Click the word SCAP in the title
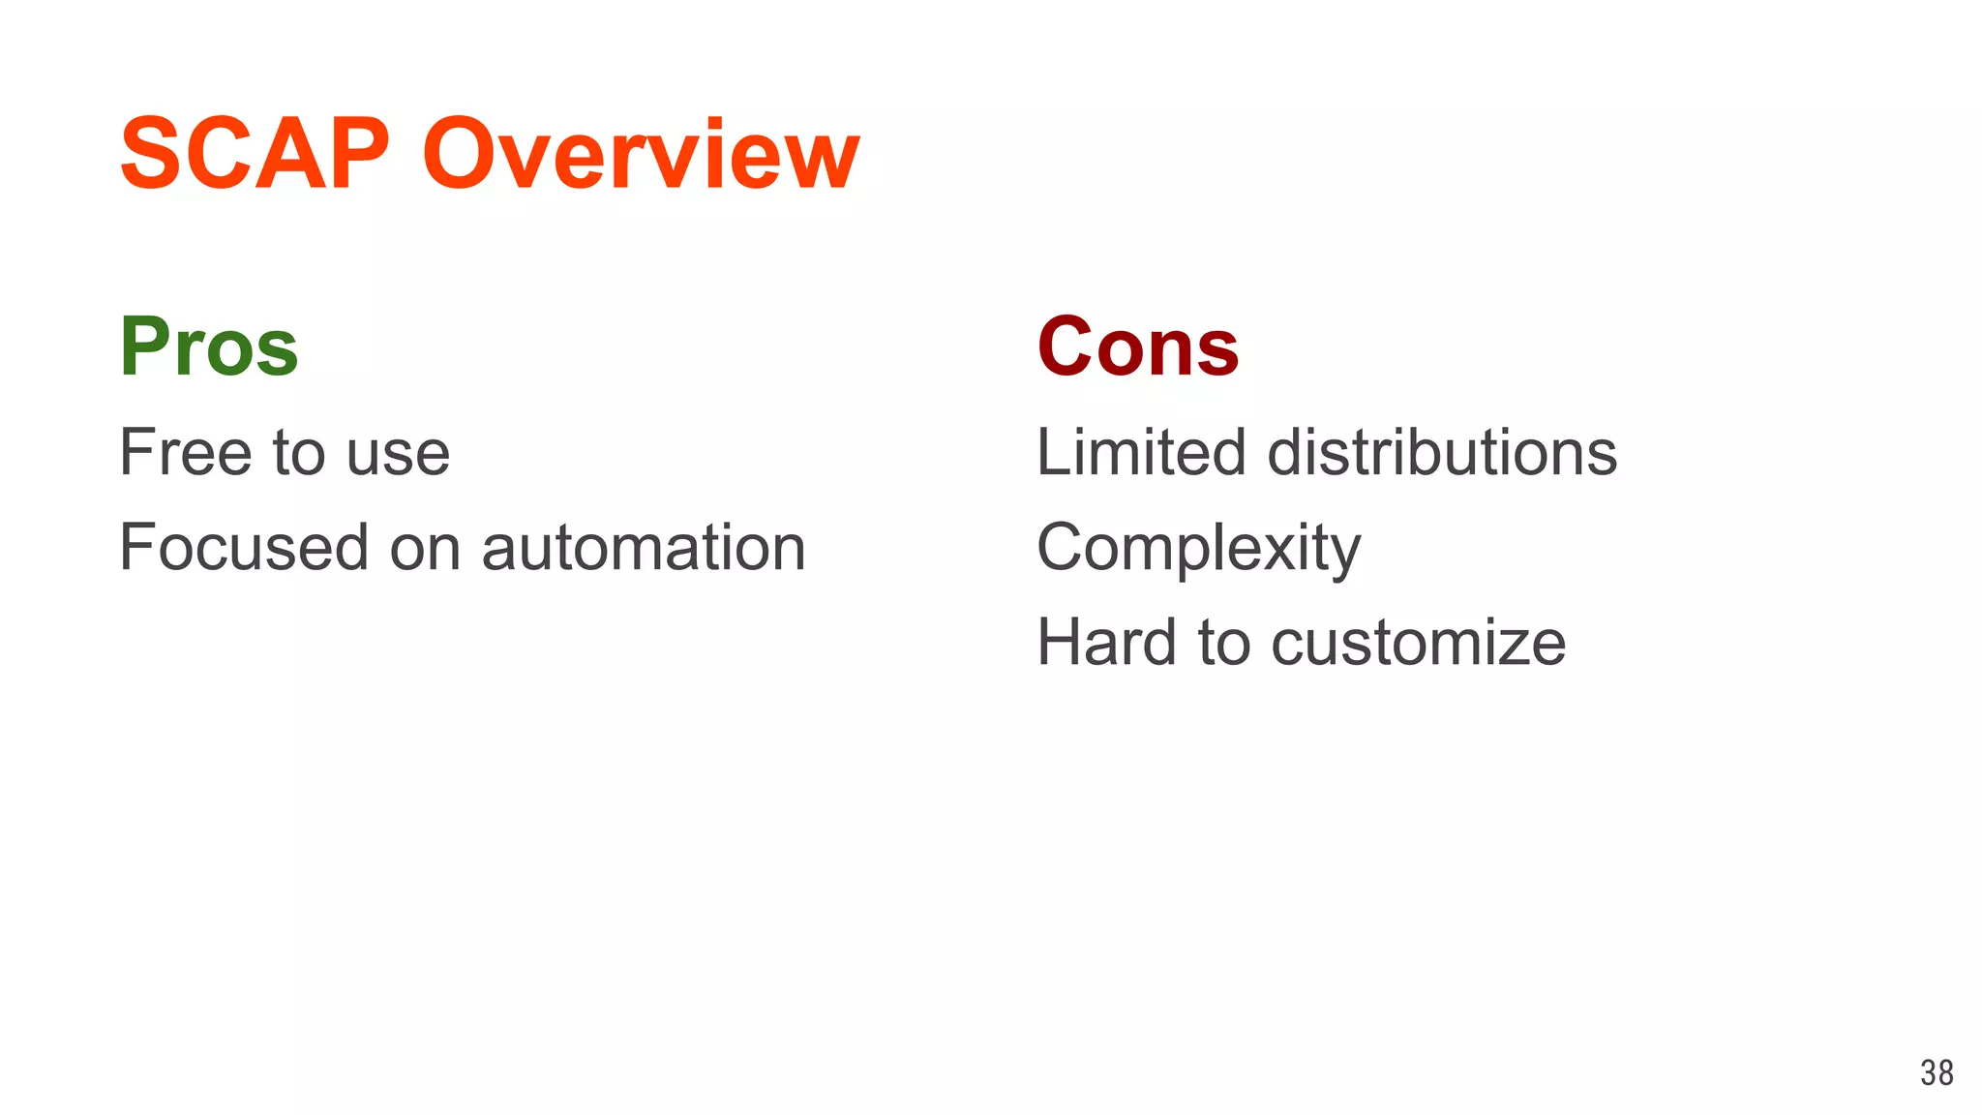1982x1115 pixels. (x=254, y=154)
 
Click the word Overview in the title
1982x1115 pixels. (x=641, y=154)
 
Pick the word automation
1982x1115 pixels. (x=644, y=548)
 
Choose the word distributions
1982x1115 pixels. (x=1442, y=452)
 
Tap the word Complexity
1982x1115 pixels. (x=1198, y=549)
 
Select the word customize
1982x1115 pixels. (x=1418, y=644)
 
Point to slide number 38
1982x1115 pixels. (x=1937, y=1072)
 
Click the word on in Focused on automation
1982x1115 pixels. (x=425, y=549)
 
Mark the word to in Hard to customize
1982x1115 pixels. (x=1224, y=643)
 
